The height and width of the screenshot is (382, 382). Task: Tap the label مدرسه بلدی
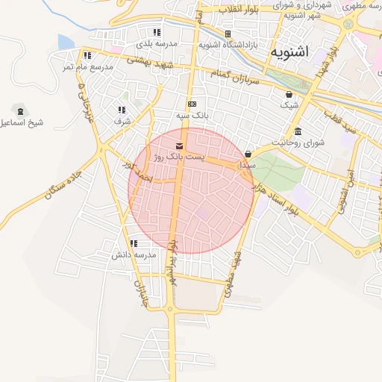(155, 43)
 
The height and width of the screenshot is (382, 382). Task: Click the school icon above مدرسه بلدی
(157, 32)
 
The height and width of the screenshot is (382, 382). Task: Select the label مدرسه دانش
(134, 255)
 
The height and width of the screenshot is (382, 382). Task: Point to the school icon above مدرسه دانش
(134, 243)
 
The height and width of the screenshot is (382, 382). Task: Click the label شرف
(122, 121)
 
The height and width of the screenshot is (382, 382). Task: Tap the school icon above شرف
(121, 110)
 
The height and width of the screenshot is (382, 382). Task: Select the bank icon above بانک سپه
(192, 104)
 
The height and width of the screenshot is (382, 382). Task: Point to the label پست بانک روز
(178, 157)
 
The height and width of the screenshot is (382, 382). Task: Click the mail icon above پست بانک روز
(178, 145)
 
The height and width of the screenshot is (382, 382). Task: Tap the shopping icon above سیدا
(248, 154)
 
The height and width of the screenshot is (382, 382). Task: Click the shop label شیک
(289, 105)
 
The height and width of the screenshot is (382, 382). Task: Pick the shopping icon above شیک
(289, 94)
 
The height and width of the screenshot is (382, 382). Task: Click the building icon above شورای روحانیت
(298, 132)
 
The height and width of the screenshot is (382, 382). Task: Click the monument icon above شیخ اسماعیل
(16, 109)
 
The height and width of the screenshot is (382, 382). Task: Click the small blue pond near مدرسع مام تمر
(66, 42)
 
